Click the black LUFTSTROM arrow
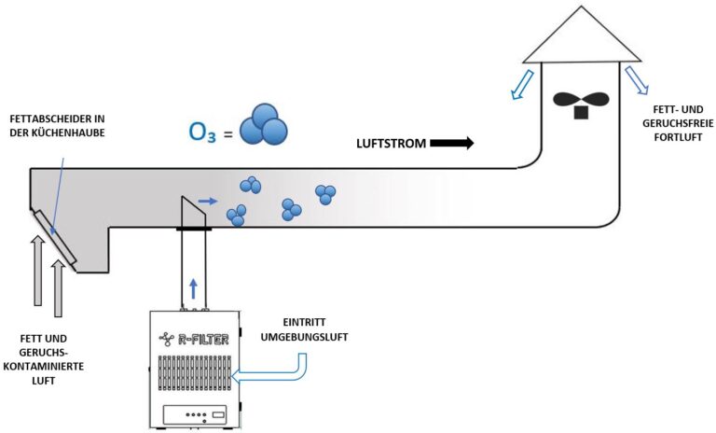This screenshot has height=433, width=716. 452,144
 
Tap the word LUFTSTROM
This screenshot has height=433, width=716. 391,144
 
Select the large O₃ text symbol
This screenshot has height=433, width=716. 205,131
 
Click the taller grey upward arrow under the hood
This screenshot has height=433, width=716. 37,270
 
